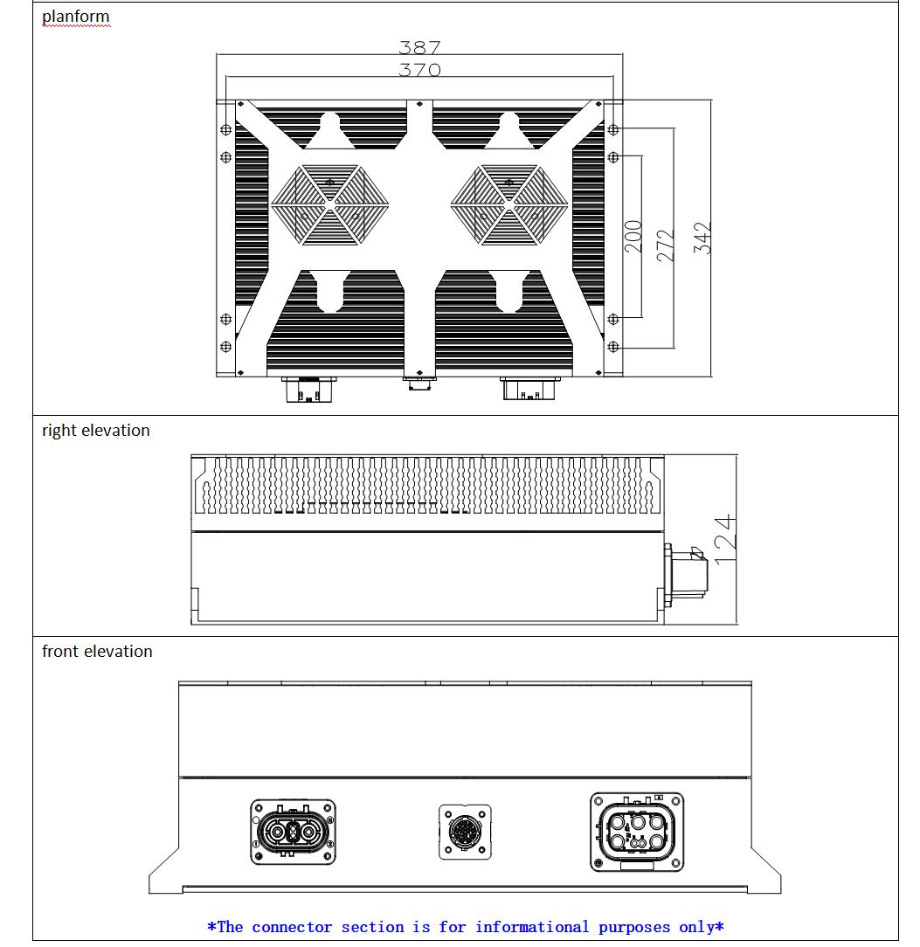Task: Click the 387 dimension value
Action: (x=419, y=47)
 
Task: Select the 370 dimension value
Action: (x=419, y=70)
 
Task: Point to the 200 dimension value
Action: (x=634, y=237)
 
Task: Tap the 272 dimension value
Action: (x=666, y=242)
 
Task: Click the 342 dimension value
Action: (x=703, y=238)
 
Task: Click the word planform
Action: (x=76, y=17)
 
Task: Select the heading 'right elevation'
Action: (x=96, y=431)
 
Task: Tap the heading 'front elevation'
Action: (x=97, y=652)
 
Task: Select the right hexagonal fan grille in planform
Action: (x=509, y=204)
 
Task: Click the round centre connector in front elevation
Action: (x=465, y=830)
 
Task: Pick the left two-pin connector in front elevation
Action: (x=293, y=832)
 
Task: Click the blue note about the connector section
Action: (x=465, y=927)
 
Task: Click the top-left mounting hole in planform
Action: (x=225, y=129)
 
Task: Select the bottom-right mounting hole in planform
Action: (x=613, y=347)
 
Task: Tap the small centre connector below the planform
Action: (x=418, y=383)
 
